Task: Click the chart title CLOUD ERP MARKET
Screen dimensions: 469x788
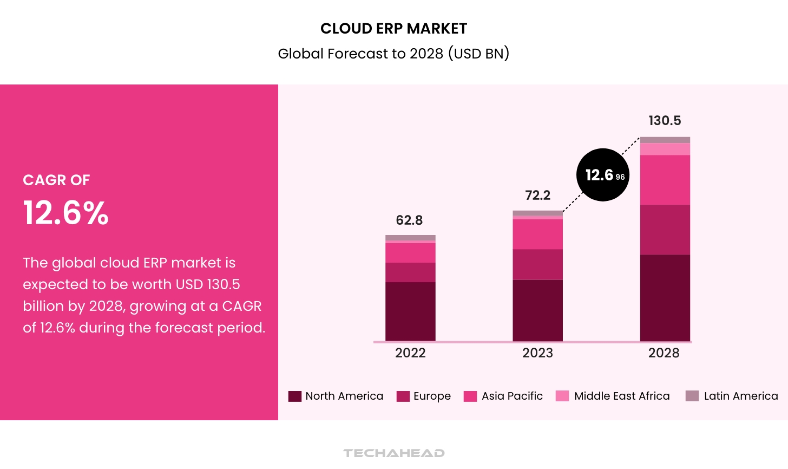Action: [x=393, y=28]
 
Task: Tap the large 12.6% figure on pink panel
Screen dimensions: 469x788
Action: [x=65, y=213]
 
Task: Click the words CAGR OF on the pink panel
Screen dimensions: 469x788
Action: [x=56, y=180]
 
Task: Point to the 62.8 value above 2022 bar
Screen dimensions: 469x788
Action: [x=409, y=220]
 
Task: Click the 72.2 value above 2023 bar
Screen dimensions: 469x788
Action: [x=537, y=195]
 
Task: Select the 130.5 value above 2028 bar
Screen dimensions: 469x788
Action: [x=665, y=121]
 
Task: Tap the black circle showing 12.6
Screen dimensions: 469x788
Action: [x=602, y=175]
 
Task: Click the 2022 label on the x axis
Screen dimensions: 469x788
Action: [x=410, y=353]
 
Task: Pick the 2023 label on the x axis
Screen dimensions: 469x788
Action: [x=537, y=353]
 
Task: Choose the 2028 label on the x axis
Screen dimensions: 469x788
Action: [x=664, y=353]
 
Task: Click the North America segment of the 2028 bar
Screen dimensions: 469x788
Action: [x=665, y=298]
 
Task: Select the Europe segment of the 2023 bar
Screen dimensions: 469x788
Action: [x=537, y=264]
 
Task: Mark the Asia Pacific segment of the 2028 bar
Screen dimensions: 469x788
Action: [x=665, y=180]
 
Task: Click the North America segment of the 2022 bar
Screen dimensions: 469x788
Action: [x=410, y=311]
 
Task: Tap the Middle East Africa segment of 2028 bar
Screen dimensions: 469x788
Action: [x=665, y=149]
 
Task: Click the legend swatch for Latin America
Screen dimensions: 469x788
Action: [x=692, y=396]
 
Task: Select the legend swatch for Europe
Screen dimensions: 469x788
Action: [x=403, y=396]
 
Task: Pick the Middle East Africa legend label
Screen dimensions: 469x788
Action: [x=622, y=396]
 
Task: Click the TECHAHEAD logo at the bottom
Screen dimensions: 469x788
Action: [x=394, y=453]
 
